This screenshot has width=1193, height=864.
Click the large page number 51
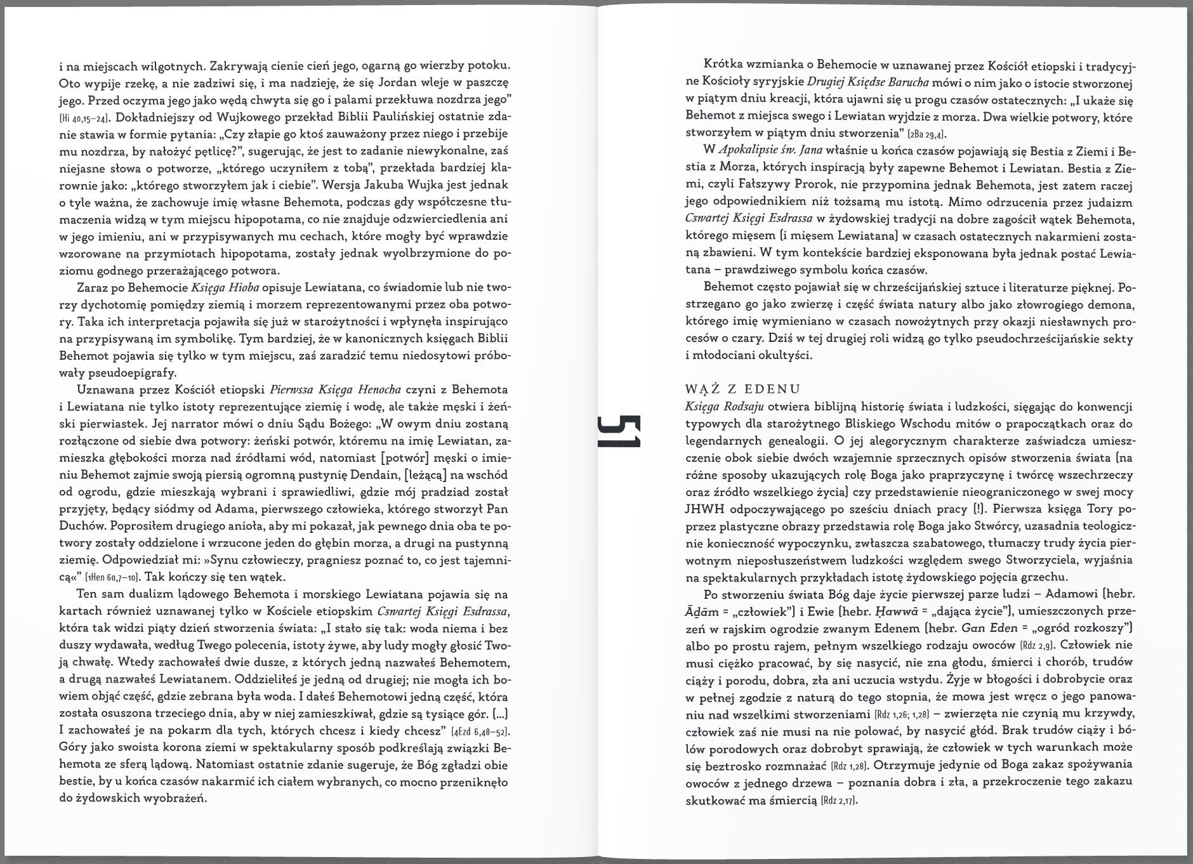click(618, 432)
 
